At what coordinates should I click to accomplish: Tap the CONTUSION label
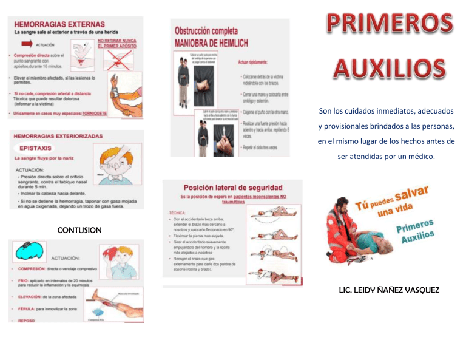(x=79, y=231)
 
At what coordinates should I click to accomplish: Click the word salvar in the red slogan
(x=414, y=196)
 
